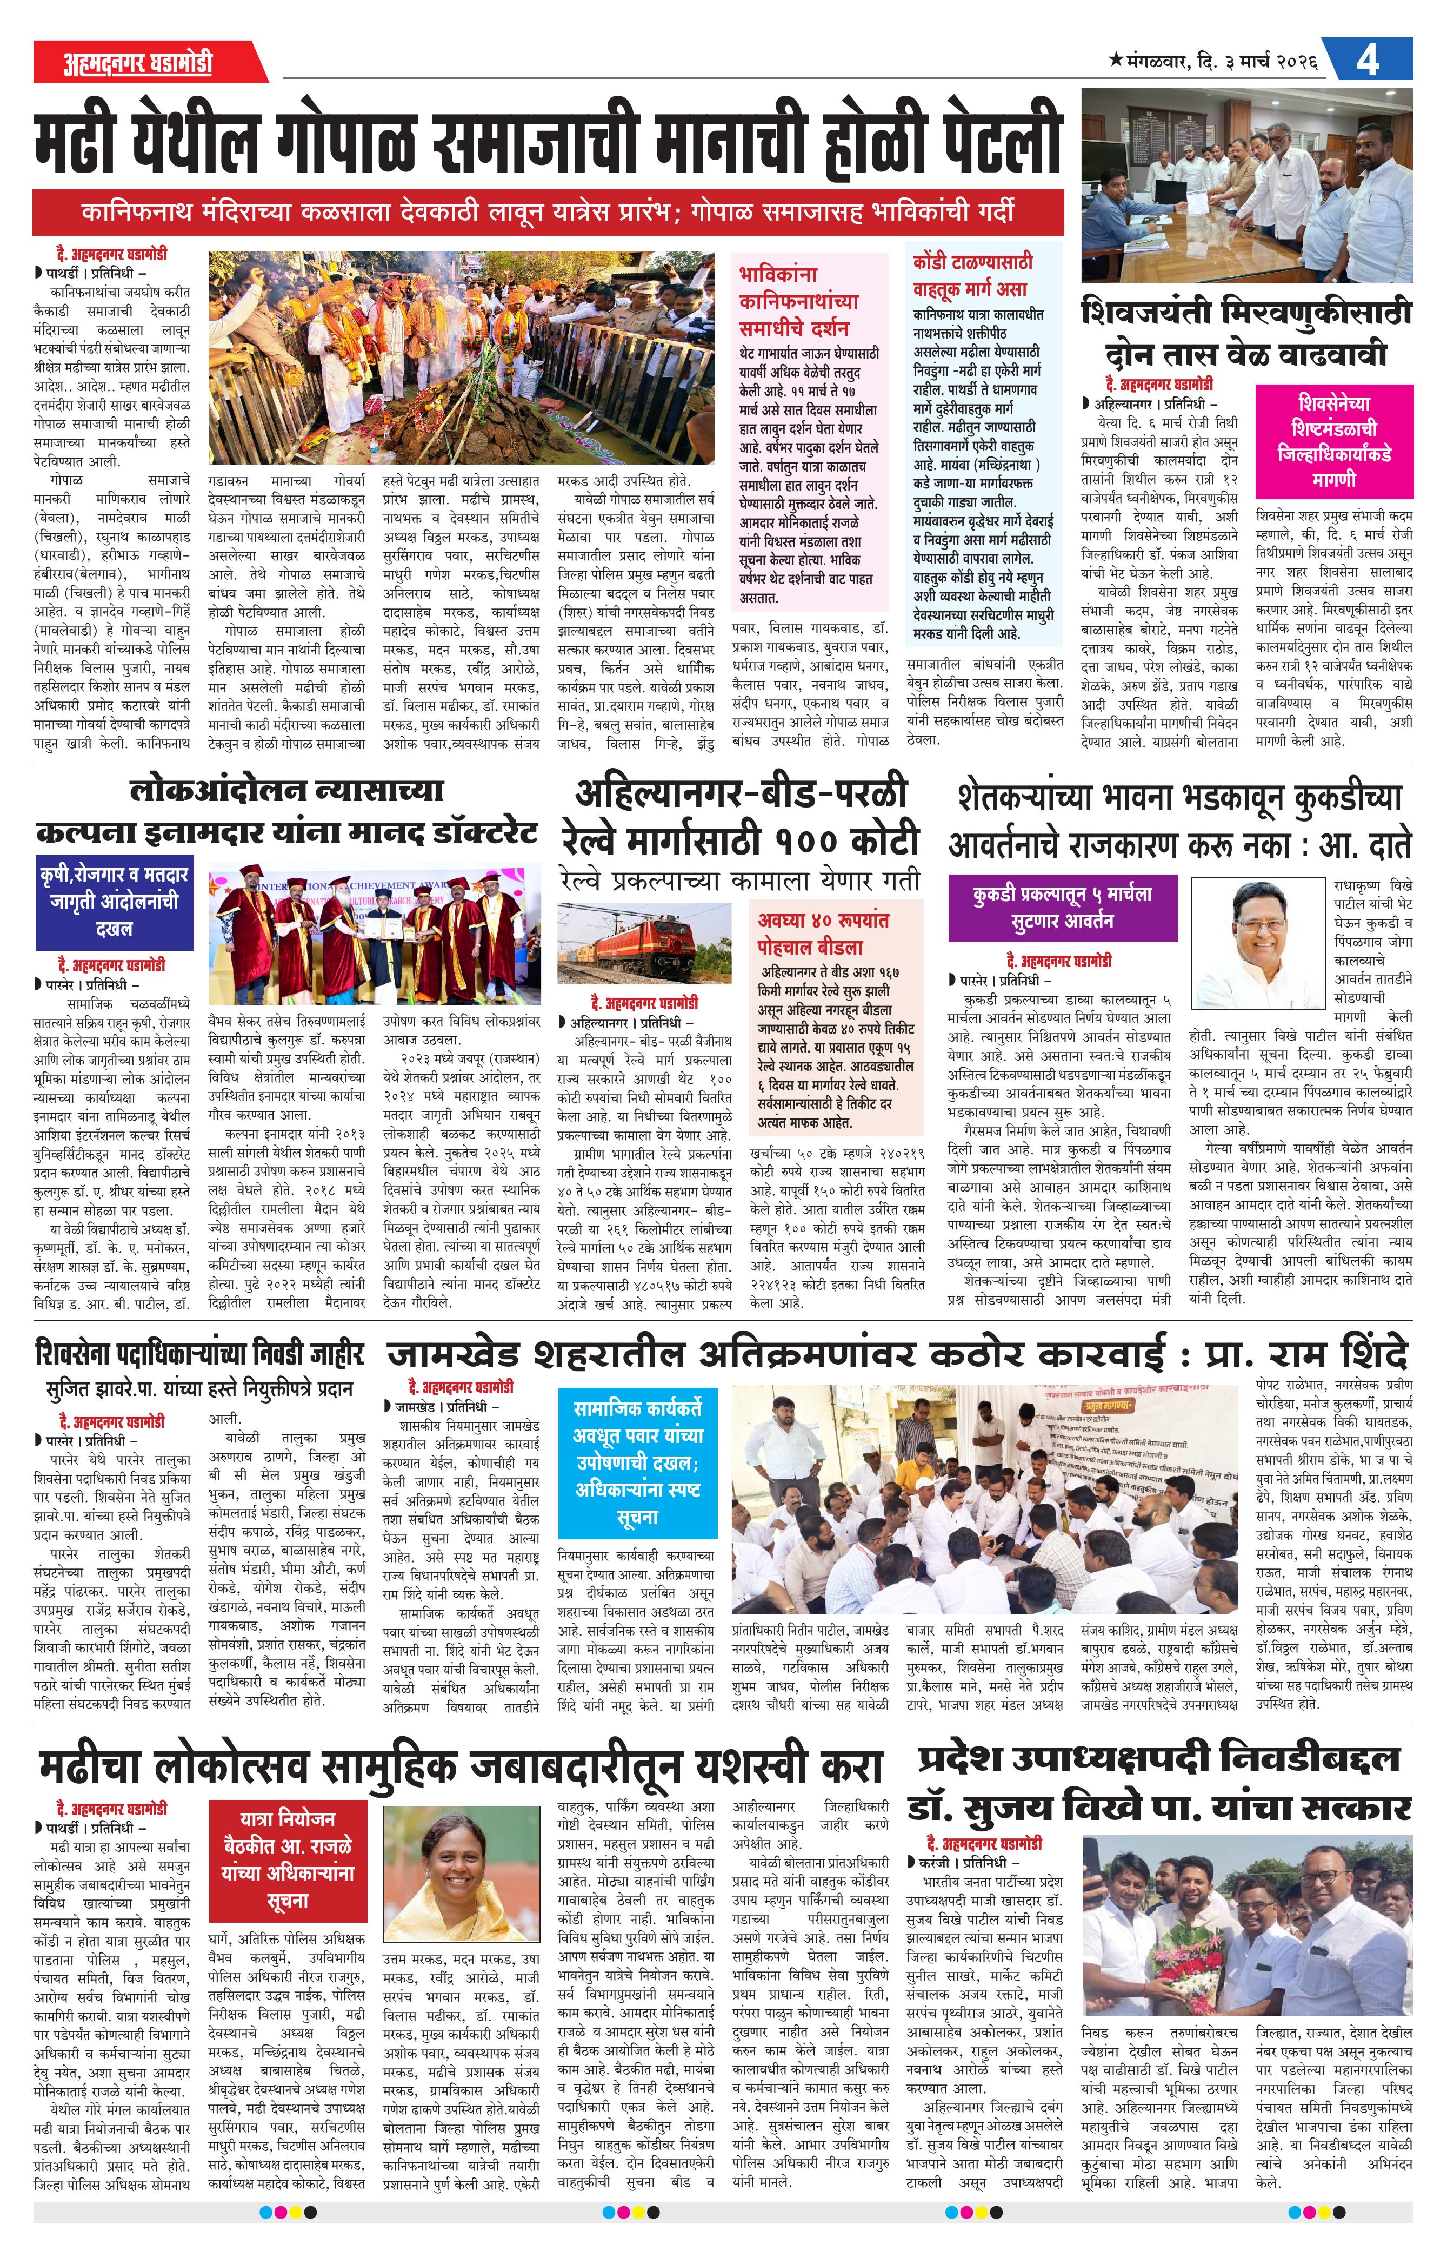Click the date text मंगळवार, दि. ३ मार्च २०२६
(x=1212, y=62)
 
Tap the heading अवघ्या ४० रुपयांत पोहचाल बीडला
(x=823, y=934)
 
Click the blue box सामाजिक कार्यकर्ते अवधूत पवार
(x=637, y=1462)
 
